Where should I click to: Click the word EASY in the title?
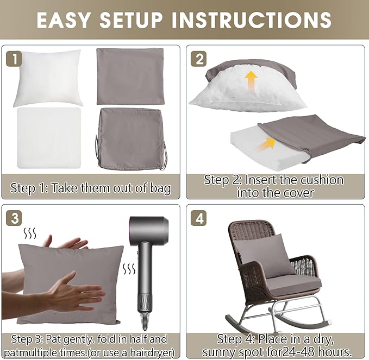pos(63,20)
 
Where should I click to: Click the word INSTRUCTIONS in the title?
pos(252,20)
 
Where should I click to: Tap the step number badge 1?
pos(14,59)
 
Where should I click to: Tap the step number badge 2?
pos(198,59)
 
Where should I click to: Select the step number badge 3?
pos(14,218)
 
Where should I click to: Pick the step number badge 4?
pos(198,218)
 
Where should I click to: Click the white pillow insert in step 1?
pos(48,78)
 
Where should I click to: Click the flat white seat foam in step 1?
pos(49,138)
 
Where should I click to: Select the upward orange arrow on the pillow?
pos(251,81)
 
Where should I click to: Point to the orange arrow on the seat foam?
pos(266,144)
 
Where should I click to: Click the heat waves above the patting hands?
pos(30,233)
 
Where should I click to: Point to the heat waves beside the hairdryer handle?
pos(129,269)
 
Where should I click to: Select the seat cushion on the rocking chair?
pos(293,286)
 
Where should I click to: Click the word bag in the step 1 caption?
pos(161,188)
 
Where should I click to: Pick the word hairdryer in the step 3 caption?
pos(152,352)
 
